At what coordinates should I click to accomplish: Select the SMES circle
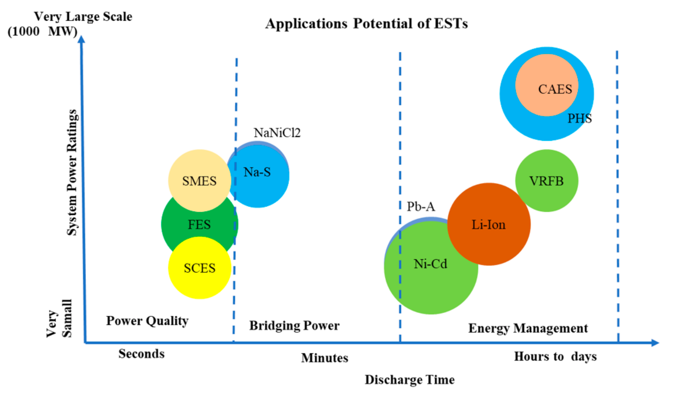(x=199, y=181)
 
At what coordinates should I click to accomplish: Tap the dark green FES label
(x=199, y=224)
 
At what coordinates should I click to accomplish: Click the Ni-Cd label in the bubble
(x=430, y=264)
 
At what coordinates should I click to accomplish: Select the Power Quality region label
(x=147, y=321)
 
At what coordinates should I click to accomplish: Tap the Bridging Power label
(x=294, y=326)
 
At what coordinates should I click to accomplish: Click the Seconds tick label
(x=141, y=353)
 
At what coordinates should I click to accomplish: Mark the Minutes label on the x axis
(x=324, y=358)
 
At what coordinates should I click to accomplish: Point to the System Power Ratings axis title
(x=72, y=172)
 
